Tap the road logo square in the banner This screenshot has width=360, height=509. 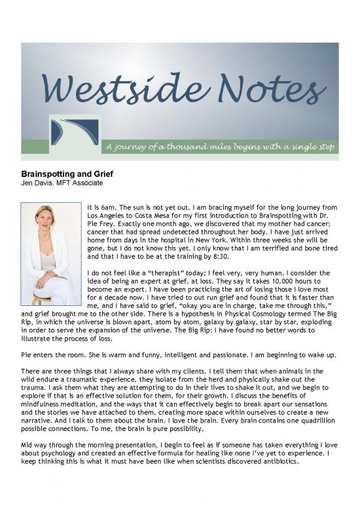click(x=75, y=132)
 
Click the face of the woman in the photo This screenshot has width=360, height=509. click(x=48, y=219)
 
